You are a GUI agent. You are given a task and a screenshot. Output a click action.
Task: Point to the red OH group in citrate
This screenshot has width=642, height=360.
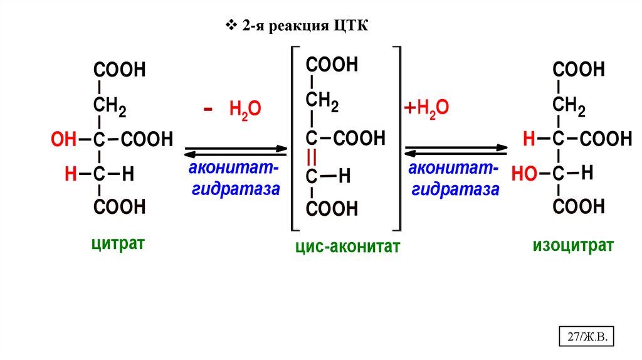pos(63,139)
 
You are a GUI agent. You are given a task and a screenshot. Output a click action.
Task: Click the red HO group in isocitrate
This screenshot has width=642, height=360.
pos(525,174)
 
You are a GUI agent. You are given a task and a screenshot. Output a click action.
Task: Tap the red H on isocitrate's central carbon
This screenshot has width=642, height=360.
pos(530,139)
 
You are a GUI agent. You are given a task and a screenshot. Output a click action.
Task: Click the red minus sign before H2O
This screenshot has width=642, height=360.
pos(208,108)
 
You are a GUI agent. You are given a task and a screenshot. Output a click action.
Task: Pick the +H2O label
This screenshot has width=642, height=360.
pos(426,109)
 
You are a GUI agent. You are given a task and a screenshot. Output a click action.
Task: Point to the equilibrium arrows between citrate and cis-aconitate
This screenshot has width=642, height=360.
pos(235,152)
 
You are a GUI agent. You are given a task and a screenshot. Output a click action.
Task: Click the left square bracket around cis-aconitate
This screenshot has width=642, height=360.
pos(293,138)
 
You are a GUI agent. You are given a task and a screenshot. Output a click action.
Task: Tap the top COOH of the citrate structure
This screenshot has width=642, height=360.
pos(119,70)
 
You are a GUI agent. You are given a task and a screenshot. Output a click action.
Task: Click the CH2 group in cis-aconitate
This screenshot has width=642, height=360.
pos(322,100)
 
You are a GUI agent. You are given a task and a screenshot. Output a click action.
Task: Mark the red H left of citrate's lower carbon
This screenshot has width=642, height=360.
pos(70,174)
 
